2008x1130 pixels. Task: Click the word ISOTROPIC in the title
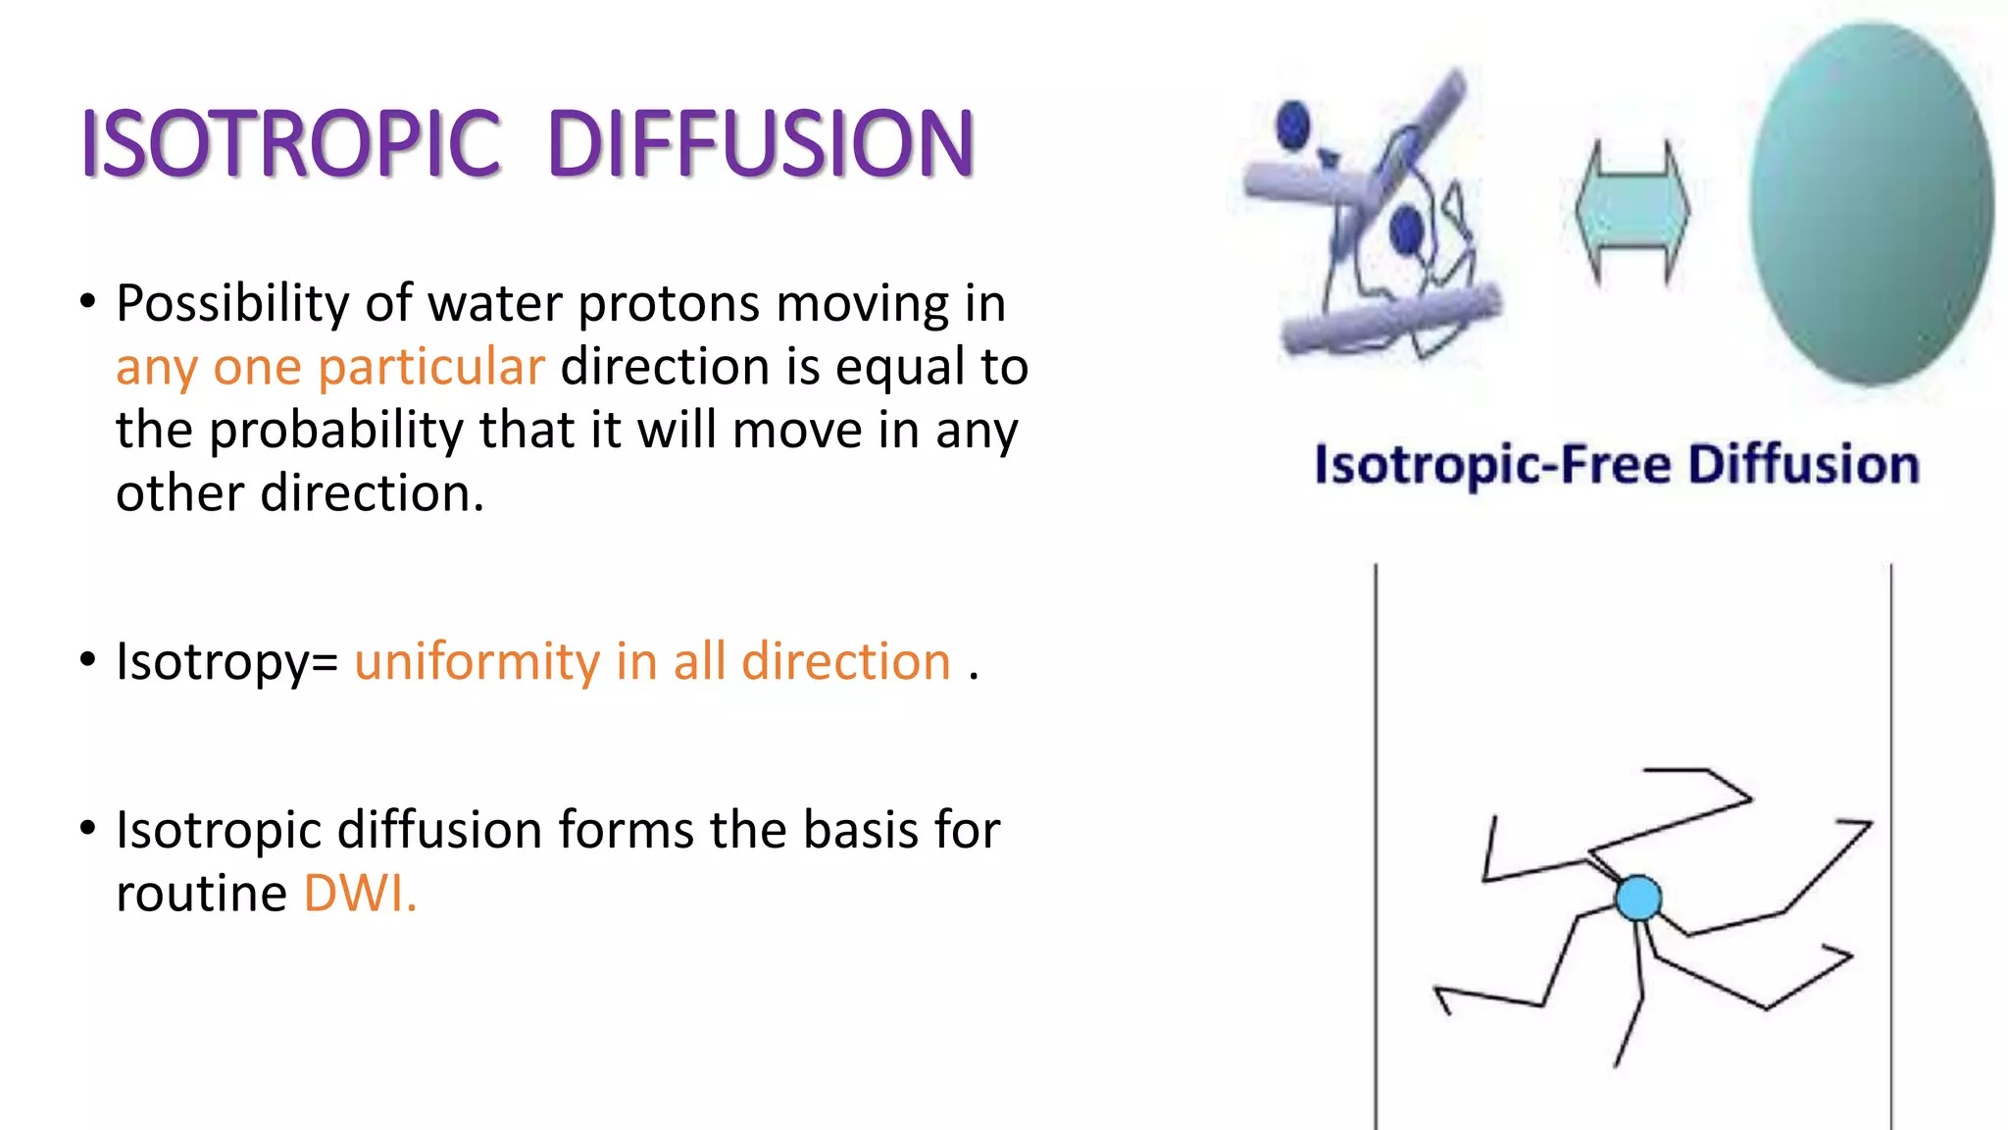pos(291,144)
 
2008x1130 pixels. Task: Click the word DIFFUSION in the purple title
pos(761,144)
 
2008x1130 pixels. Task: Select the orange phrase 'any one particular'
pos(329,368)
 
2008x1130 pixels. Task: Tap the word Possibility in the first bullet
pos(231,304)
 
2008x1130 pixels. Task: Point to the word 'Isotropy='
pos(226,662)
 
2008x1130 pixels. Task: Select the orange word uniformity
pos(477,662)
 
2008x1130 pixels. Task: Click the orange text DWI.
pos(360,894)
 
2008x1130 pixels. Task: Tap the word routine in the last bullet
pos(201,894)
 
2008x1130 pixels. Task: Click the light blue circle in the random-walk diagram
pos(1638,898)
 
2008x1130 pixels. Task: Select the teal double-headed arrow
pos(1632,211)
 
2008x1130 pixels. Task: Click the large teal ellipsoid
pos(1871,204)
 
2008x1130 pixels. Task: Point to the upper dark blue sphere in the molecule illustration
pos(1293,125)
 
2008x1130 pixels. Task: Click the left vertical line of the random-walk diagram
pos(1376,844)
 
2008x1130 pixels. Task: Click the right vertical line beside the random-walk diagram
pos(1891,844)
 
